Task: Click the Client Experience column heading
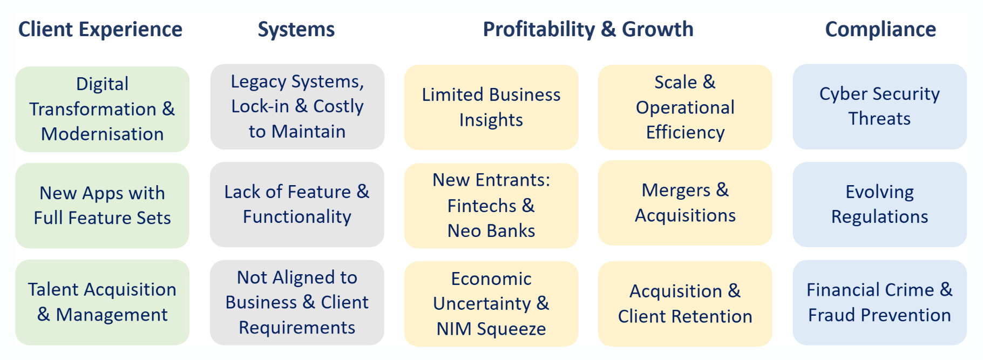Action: pos(100,30)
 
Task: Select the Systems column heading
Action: pos(296,30)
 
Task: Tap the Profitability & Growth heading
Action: pos(588,30)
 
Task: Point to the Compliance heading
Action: pos(880,30)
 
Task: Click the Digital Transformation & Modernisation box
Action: pos(102,109)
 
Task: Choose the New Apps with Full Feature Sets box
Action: pos(102,206)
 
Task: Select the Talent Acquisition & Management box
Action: pos(102,302)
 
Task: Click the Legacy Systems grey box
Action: pos(297,107)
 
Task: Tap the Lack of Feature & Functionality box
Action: pos(297,205)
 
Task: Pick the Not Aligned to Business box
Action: pos(297,303)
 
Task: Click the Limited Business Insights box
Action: pos(491,107)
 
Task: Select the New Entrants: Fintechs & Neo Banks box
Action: pos(491,206)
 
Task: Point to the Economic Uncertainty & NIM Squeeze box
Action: pos(491,304)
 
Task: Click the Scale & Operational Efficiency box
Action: pos(685,107)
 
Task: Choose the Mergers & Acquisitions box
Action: pos(685,203)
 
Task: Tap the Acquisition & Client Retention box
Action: pos(685,304)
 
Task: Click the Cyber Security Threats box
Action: pos(879,107)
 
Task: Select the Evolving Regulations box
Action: pos(879,205)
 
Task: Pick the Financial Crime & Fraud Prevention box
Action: pos(879,303)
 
